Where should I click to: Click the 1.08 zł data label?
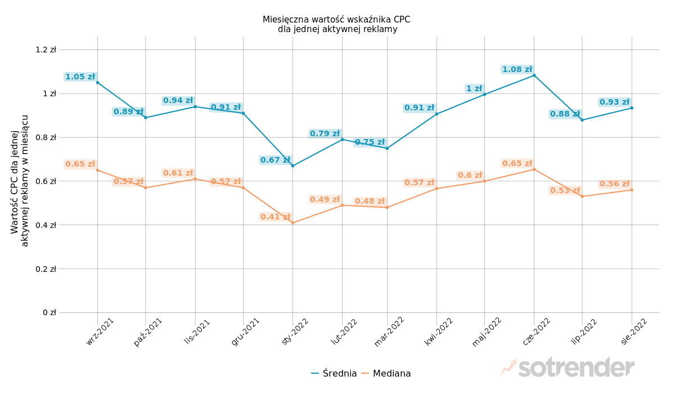point(517,69)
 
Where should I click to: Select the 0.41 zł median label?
point(275,217)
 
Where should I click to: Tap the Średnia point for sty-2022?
point(292,165)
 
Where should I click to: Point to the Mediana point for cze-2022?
point(534,169)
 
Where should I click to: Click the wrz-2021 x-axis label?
point(101,331)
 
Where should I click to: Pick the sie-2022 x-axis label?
point(634,331)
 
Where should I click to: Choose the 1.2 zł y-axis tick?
point(46,50)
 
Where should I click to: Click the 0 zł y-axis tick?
point(49,312)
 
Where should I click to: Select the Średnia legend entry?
point(334,373)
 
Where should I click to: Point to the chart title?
point(336,24)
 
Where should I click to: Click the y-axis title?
point(20,181)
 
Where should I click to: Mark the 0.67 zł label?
point(275,160)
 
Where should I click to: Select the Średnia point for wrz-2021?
point(97,83)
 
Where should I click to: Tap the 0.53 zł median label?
point(564,190)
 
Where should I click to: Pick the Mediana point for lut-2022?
point(342,205)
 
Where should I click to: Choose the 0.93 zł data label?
point(614,102)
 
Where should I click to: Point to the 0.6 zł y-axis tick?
point(46,181)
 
